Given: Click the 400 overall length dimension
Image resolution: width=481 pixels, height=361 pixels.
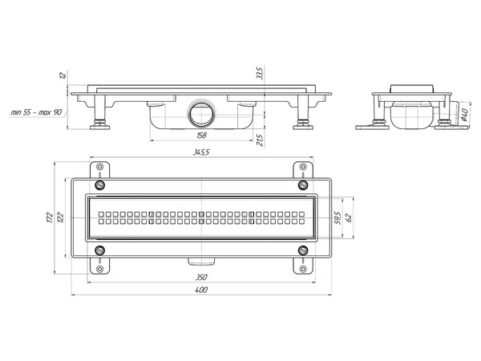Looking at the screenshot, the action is [201, 290].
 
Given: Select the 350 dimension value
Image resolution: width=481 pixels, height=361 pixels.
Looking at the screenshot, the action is [201, 278].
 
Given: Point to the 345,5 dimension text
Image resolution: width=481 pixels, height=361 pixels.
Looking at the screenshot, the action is [201, 152].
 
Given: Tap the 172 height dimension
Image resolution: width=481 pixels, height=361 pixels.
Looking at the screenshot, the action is [51, 217].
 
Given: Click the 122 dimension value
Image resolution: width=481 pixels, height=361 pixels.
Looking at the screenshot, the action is [61, 217].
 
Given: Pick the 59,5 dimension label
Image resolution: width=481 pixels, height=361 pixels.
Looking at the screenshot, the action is [338, 217].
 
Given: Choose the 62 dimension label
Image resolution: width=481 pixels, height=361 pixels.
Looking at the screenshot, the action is [349, 217].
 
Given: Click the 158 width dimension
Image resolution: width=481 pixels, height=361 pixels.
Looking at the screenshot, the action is [201, 135].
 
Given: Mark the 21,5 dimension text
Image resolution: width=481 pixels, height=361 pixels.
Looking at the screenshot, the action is [260, 140].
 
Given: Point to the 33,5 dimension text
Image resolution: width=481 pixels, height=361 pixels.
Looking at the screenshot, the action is [260, 73].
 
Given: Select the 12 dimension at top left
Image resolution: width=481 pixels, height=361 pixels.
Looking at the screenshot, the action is [63, 75].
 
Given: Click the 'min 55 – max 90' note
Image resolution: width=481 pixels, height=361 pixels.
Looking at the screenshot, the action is [36, 112].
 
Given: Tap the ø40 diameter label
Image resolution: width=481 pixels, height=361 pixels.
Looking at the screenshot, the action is [463, 114].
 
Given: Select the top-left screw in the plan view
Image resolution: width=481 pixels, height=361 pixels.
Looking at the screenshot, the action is [100, 185].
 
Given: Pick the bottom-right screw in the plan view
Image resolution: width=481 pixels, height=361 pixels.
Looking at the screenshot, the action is [303, 250].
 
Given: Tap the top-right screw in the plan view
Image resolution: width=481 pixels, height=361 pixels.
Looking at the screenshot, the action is [303, 185].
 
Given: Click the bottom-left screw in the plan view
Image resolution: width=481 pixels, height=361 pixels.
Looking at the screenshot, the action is [100, 250].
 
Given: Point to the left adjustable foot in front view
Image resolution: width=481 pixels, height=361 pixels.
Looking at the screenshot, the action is [99, 112].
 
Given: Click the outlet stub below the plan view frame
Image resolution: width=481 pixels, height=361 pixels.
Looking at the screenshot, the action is [201, 262].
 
